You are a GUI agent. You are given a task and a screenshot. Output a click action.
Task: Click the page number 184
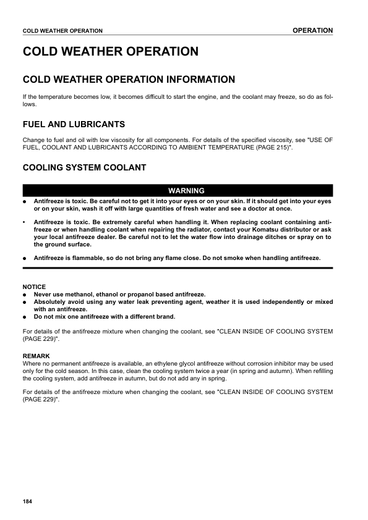point(27,500)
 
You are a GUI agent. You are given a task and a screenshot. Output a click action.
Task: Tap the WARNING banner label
point(178,190)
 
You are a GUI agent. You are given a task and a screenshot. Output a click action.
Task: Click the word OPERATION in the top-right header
point(312,30)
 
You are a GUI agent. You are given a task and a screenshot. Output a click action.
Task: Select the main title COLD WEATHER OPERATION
point(111,51)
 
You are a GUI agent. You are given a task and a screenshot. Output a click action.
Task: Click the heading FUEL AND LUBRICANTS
point(74,124)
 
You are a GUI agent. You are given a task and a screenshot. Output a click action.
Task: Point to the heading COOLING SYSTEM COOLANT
point(84,167)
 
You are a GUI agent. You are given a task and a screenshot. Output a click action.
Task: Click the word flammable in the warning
point(84,258)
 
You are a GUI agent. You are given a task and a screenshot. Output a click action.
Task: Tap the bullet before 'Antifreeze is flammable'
point(24,258)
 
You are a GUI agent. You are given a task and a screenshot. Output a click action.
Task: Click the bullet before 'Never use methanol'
point(24,295)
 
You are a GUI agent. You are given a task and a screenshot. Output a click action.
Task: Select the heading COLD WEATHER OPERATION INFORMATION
point(129,80)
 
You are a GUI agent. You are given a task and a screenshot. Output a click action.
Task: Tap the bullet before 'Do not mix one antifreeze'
point(24,317)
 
